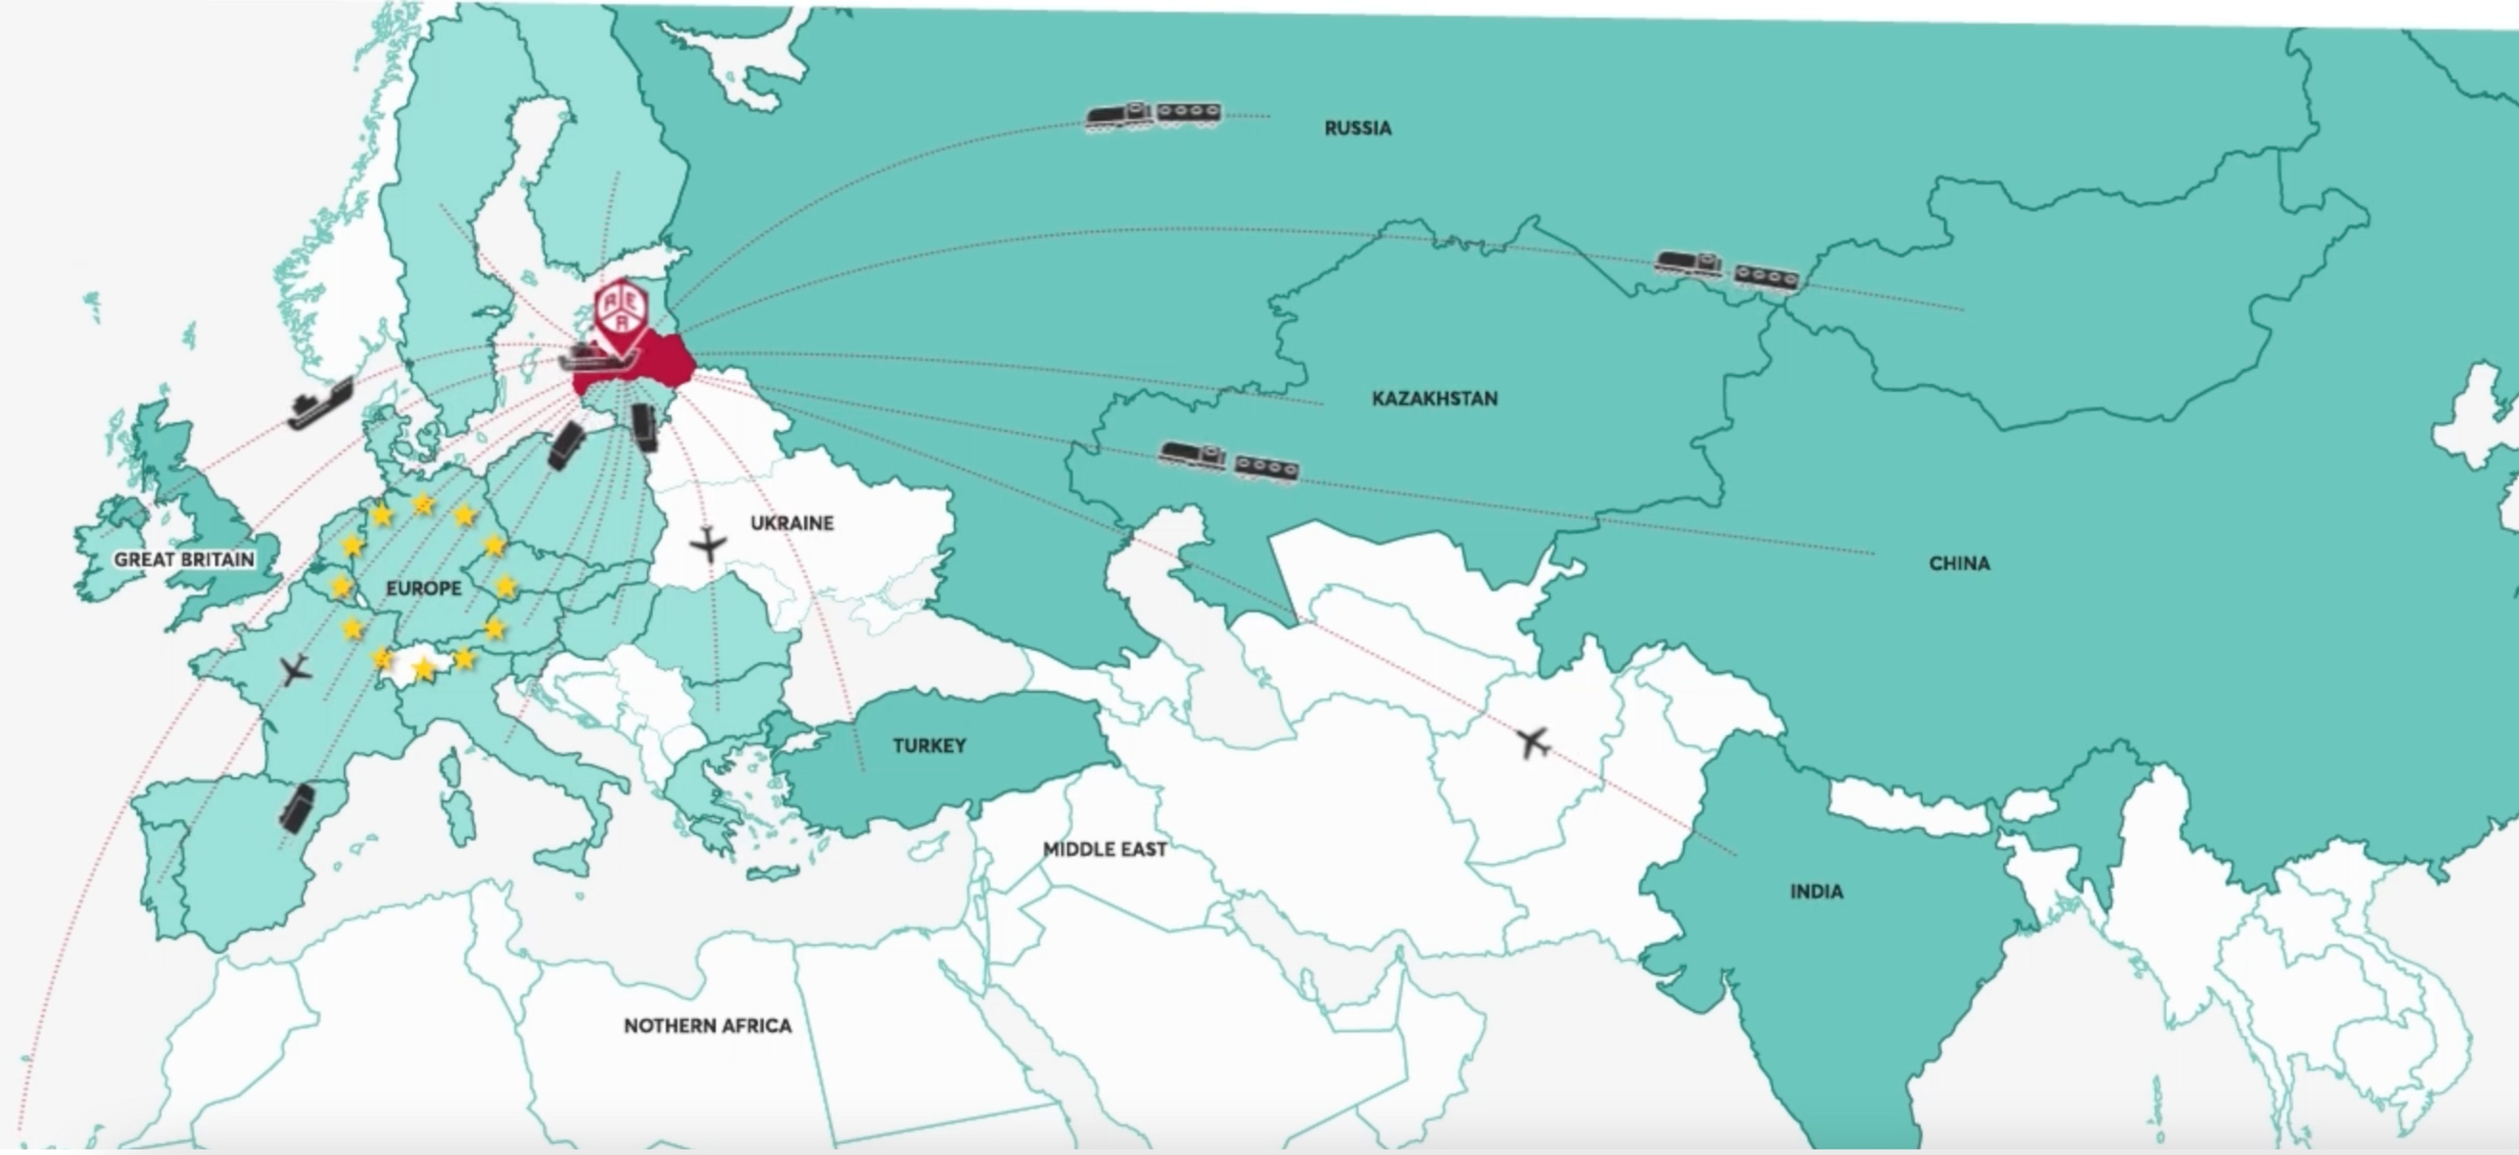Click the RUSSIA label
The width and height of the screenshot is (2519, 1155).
coord(1357,128)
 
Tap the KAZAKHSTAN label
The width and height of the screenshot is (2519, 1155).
coord(1435,398)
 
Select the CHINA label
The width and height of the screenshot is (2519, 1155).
coord(1959,563)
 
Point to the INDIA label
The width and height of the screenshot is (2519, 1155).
coord(1816,891)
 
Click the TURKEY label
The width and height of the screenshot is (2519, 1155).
coord(929,745)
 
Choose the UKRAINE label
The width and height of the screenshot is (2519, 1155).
coord(792,523)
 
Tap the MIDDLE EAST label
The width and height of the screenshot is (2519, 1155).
coord(1104,849)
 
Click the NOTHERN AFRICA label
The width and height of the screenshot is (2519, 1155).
coord(707,1026)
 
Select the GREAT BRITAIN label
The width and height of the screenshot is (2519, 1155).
coord(184,559)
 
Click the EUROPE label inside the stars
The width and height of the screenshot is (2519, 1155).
coord(423,588)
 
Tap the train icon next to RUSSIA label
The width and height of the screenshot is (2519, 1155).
coord(1154,116)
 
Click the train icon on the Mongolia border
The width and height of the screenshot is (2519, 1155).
coord(1726,270)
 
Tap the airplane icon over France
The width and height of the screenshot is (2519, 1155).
coord(295,671)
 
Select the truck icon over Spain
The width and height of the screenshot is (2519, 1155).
coord(297,808)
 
